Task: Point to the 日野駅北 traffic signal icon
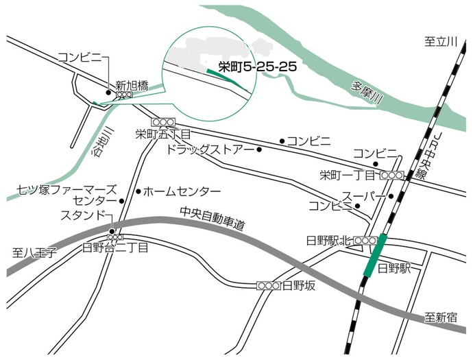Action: pyautogui.click(x=365, y=241)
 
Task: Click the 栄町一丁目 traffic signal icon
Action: pyautogui.click(x=391, y=176)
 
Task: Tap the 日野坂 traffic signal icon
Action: pyautogui.click(x=269, y=285)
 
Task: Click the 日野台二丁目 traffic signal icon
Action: pyautogui.click(x=114, y=237)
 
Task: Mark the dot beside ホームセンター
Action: pyautogui.click(x=138, y=191)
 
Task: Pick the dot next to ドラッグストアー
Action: pyautogui.click(x=259, y=149)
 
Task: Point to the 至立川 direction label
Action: pyautogui.click(x=440, y=43)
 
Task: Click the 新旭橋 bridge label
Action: pyautogui.click(x=132, y=86)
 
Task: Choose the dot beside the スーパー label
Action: pyautogui.click(x=391, y=196)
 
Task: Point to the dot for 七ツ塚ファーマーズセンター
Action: pyautogui.click(x=122, y=202)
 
